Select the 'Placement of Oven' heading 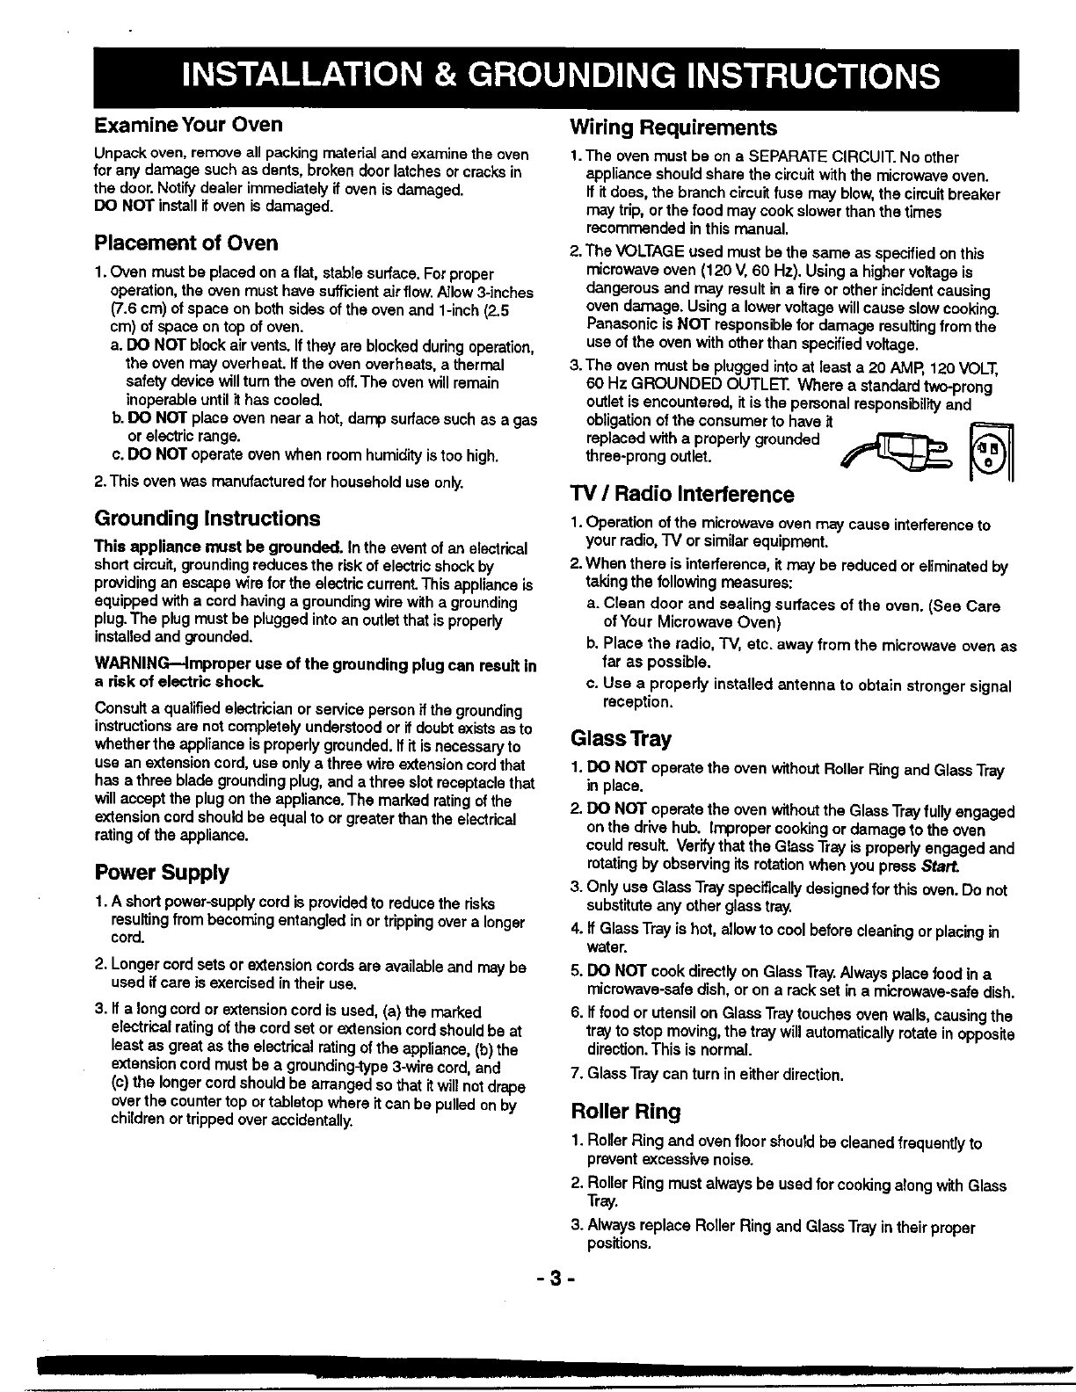point(186,243)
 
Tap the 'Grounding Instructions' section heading point(207,518)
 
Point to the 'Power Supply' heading point(162,873)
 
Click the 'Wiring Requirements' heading point(673,128)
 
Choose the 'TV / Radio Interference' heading point(681,494)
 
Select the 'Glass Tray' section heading point(621,738)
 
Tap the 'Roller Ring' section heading point(625,1112)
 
